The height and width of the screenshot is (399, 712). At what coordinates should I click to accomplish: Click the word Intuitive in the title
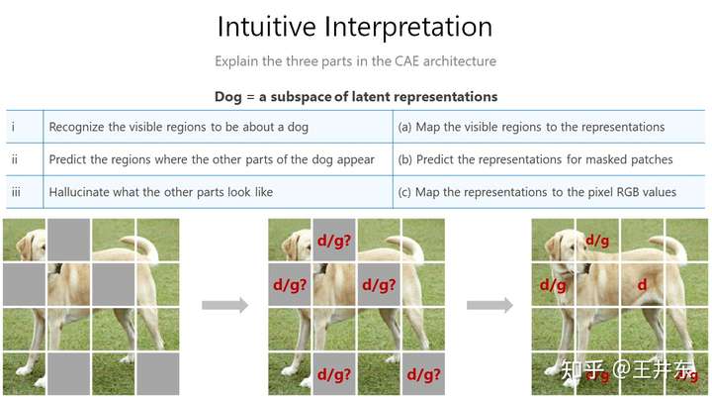click(267, 27)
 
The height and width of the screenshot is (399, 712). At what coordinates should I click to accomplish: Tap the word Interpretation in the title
click(408, 28)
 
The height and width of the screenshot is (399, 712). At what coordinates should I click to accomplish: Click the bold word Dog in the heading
click(228, 97)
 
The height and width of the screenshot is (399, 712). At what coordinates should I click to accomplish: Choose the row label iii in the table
click(16, 192)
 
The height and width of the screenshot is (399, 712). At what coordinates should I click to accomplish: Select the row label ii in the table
click(15, 159)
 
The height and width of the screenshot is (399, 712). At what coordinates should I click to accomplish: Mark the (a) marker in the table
click(404, 127)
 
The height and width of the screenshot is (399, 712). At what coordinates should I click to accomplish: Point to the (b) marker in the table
click(405, 159)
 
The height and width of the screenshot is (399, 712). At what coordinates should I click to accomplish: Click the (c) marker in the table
click(404, 192)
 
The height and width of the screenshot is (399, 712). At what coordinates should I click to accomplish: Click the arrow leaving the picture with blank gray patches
click(225, 305)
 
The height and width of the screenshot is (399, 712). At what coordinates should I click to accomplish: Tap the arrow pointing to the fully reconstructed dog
click(489, 305)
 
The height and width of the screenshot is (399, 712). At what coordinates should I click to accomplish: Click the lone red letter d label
click(642, 285)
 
